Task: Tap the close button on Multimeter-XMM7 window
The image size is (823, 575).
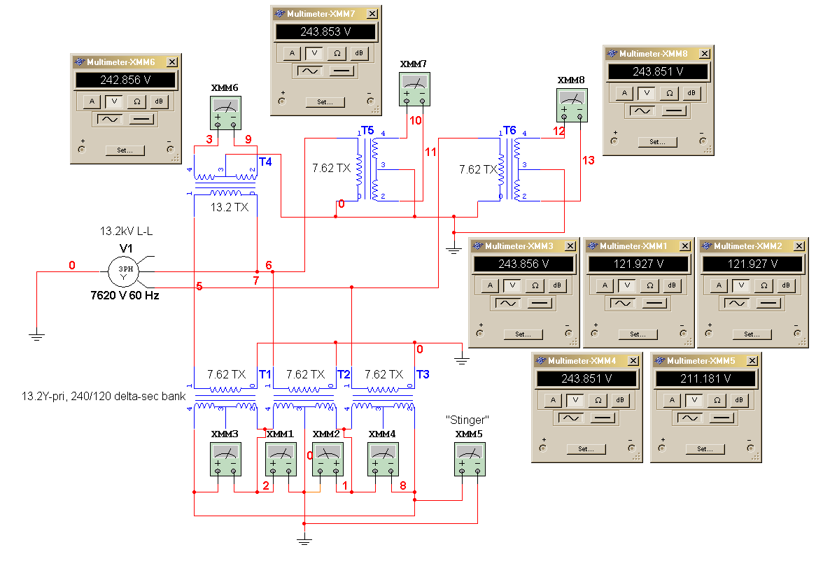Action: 372,14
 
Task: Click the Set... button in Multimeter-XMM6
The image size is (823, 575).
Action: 125,150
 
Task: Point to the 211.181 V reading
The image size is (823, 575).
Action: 705,378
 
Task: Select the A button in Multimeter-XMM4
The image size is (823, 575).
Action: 553,400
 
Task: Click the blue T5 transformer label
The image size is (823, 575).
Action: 367,131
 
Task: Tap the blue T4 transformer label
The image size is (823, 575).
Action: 265,162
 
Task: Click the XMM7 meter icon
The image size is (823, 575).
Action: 414,89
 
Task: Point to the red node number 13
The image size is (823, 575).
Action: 589,161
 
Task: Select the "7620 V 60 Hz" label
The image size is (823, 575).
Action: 125,295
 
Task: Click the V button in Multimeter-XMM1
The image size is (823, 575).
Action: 627,285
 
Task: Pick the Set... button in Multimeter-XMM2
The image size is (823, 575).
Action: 752,334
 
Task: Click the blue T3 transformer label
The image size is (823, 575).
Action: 423,374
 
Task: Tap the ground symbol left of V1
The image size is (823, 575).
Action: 36,336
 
